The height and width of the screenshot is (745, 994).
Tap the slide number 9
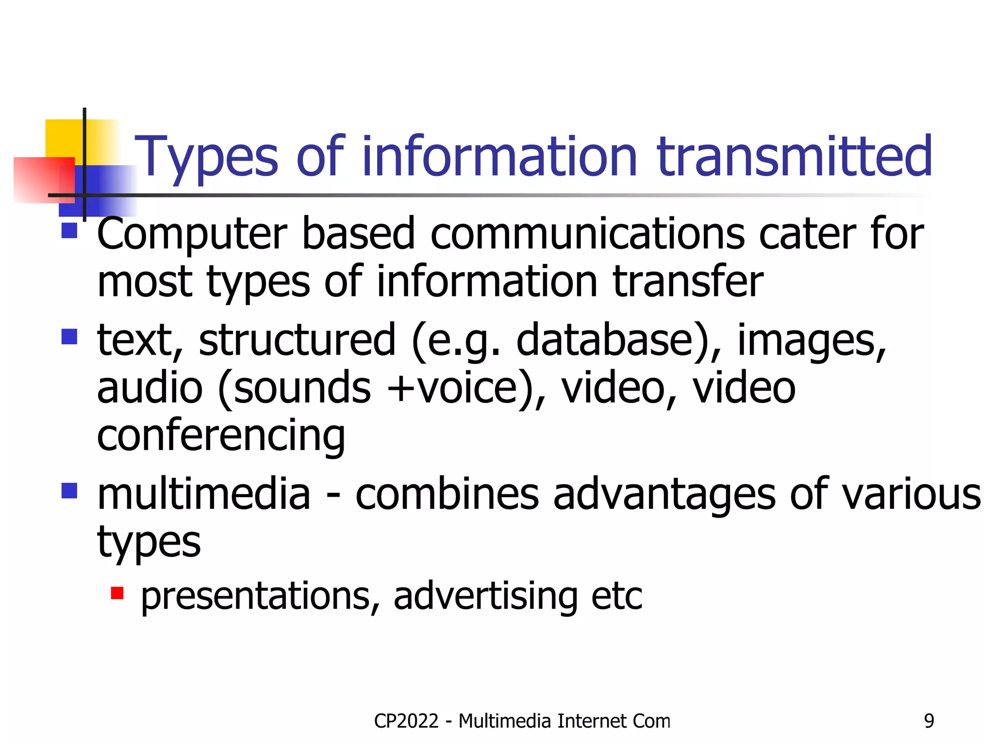click(928, 721)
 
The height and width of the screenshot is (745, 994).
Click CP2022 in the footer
click(406, 721)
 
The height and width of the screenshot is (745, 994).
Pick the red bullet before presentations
click(117, 593)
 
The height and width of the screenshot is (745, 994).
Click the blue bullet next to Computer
click(69, 230)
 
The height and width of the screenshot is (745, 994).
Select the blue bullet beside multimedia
click(69, 490)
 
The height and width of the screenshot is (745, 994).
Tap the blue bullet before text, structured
click(69, 336)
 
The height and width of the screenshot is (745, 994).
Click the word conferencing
click(221, 436)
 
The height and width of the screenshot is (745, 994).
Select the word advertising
click(485, 596)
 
